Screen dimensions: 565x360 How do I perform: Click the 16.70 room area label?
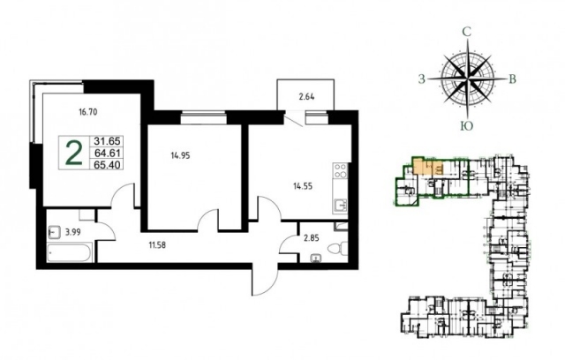pyautogui.click(x=88, y=112)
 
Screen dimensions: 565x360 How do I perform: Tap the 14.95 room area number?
pyautogui.click(x=180, y=156)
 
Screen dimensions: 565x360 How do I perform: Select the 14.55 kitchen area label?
pyautogui.click(x=303, y=186)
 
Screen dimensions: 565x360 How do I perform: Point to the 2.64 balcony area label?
pyautogui.click(x=306, y=97)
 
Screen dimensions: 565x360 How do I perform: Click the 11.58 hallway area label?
pyautogui.click(x=158, y=245)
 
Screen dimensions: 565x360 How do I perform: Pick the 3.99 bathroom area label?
pyautogui.click(x=72, y=233)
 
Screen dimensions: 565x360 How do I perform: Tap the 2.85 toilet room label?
pyautogui.click(x=311, y=238)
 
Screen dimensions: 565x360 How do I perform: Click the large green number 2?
pyautogui.click(x=74, y=153)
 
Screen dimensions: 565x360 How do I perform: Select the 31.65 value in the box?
pyautogui.click(x=107, y=141)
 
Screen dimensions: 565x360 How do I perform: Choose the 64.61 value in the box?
pyautogui.click(x=107, y=153)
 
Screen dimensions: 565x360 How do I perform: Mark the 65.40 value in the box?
pyautogui.click(x=107, y=165)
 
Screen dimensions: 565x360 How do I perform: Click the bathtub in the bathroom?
pyautogui.click(x=70, y=252)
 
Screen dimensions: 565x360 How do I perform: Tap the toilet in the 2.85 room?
pyautogui.click(x=338, y=248)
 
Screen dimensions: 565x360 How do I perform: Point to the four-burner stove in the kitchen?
pyautogui.click(x=341, y=170)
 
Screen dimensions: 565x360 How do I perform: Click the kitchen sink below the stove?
pyautogui.click(x=341, y=206)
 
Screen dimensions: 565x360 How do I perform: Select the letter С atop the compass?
pyautogui.click(x=467, y=33)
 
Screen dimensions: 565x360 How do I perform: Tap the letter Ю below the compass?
pyautogui.click(x=467, y=126)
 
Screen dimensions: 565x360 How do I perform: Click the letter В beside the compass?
pyautogui.click(x=512, y=79)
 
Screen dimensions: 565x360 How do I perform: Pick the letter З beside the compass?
pyautogui.click(x=422, y=79)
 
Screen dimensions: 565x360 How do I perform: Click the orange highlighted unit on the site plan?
pyautogui.click(x=428, y=168)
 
